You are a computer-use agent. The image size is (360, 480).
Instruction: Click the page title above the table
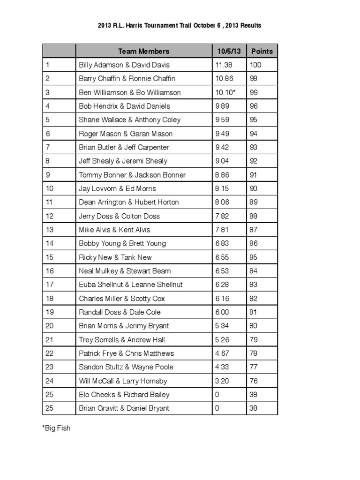pos(180,25)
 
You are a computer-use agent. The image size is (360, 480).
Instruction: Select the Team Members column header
pos(143,51)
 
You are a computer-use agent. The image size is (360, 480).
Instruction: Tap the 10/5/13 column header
pos(229,51)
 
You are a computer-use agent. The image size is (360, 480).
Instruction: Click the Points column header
pos(262,51)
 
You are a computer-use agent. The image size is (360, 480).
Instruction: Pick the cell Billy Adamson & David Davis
pos(124,65)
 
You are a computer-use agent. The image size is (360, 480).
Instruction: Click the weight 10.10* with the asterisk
pos(225,92)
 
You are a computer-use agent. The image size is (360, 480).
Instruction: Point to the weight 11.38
pos(224,65)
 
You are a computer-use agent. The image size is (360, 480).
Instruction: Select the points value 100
pos(255,65)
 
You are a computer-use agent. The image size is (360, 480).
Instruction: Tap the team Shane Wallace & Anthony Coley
pos(129,120)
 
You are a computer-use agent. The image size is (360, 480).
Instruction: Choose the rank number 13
pos(50,230)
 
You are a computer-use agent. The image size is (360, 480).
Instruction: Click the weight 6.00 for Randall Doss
pos(223,312)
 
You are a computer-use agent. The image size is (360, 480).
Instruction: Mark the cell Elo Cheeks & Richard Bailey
pos(124,395)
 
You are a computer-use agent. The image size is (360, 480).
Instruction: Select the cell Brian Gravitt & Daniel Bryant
pos(124,408)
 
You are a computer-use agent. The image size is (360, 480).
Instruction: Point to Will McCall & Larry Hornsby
pos(123,381)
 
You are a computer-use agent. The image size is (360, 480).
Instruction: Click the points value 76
pos(254,381)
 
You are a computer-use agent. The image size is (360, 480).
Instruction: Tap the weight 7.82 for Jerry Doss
pos(223,216)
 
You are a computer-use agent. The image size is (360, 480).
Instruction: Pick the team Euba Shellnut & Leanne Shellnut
pos(131,285)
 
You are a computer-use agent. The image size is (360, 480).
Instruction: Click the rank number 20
pos(50,326)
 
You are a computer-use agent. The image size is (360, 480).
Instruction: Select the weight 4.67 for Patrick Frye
pos(223,353)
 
